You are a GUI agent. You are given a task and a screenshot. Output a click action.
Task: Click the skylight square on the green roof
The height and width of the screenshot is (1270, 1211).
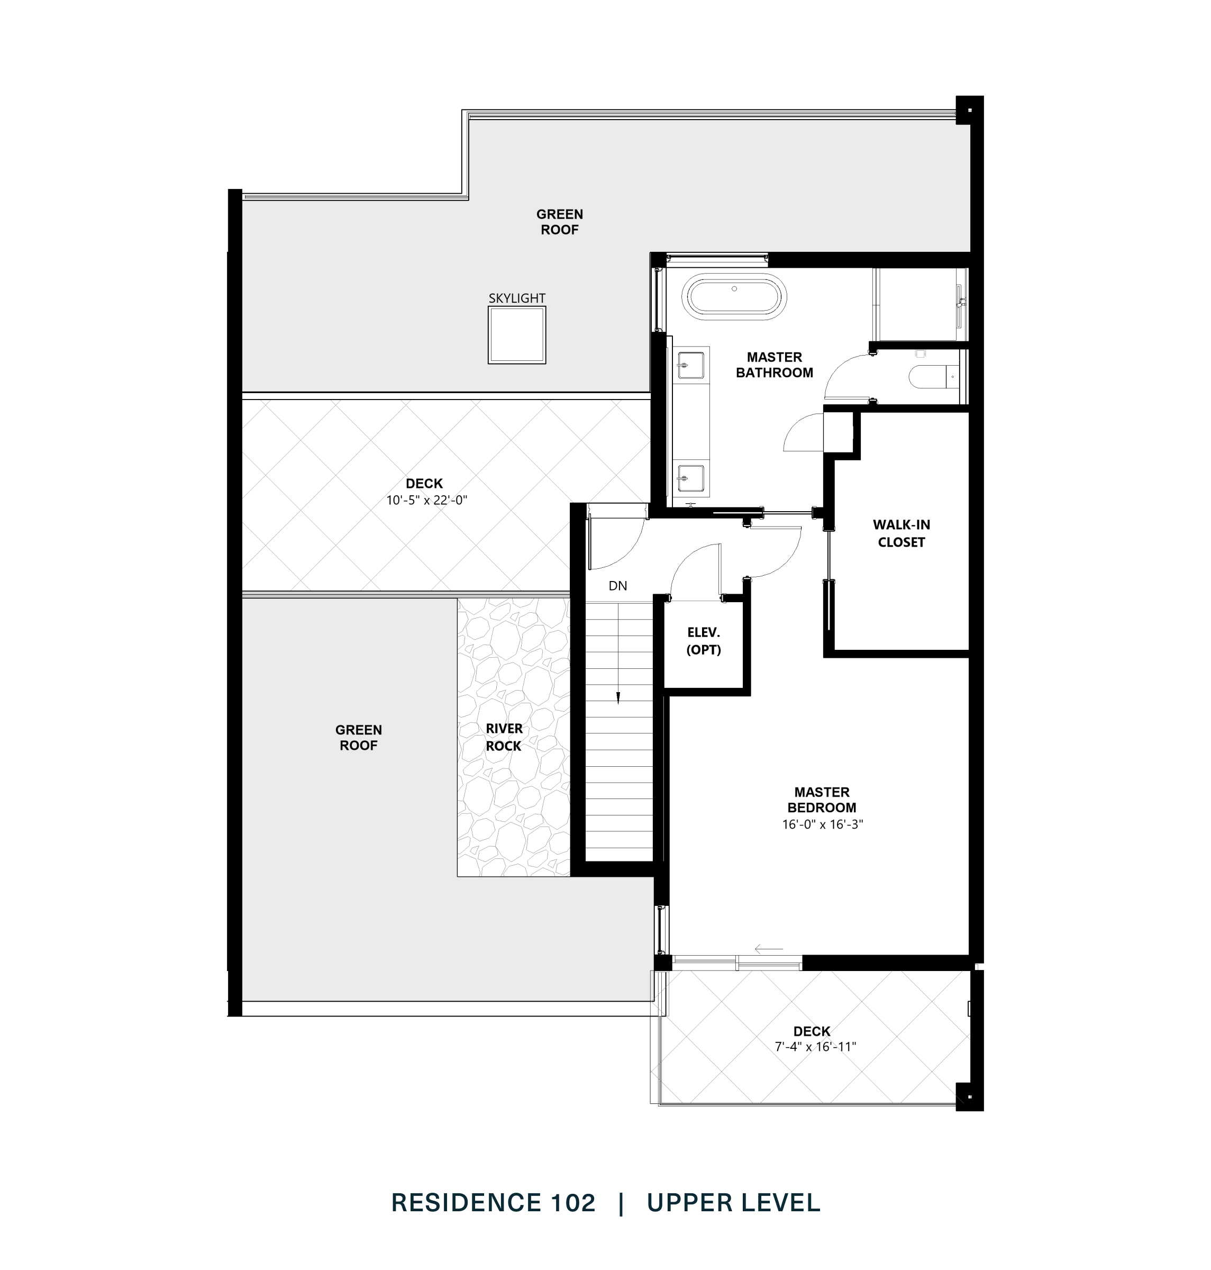pyautogui.click(x=516, y=334)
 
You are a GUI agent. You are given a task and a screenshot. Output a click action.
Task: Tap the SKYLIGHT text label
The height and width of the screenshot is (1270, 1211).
pyautogui.click(x=516, y=298)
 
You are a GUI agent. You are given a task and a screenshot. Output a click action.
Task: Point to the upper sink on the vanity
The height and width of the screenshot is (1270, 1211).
pyautogui.click(x=691, y=365)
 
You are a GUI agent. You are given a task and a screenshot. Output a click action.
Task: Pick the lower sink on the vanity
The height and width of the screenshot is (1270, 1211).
pyautogui.click(x=691, y=479)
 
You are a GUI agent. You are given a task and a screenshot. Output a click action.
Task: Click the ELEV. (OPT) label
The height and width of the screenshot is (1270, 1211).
pyautogui.click(x=703, y=641)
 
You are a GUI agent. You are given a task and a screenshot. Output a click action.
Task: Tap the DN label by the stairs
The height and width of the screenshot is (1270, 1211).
pyautogui.click(x=618, y=586)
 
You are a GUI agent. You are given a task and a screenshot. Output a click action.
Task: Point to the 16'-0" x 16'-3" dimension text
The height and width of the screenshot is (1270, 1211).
pyautogui.click(x=822, y=824)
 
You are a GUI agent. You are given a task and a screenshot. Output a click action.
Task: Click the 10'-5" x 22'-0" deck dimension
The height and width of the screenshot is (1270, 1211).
pyautogui.click(x=426, y=501)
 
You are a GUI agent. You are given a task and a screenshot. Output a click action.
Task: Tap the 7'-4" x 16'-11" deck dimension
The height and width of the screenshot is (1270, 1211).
pyautogui.click(x=815, y=1047)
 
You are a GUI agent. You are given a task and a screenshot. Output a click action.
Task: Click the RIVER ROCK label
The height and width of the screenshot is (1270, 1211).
pyautogui.click(x=504, y=737)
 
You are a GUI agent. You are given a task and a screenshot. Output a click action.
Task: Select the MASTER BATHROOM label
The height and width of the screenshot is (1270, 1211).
pyautogui.click(x=774, y=365)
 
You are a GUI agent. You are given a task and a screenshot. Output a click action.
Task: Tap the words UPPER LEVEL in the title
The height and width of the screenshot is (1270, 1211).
pyautogui.click(x=733, y=1203)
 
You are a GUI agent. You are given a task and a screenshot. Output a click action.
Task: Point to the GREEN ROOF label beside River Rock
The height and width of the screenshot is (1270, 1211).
pyautogui.click(x=358, y=737)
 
